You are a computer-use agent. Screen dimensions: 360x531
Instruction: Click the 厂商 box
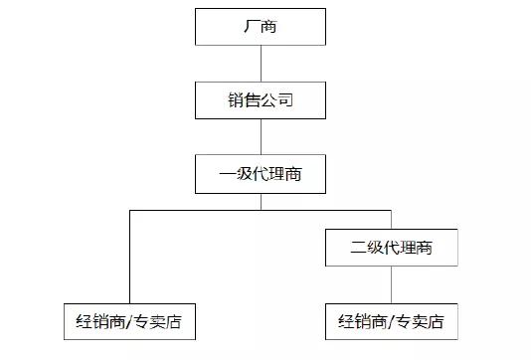[261, 26]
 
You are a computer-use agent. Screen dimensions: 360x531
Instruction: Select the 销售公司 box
[261, 99]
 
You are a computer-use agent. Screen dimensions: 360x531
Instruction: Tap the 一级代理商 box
[261, 175]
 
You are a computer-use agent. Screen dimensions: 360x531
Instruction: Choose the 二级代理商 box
[391, 248]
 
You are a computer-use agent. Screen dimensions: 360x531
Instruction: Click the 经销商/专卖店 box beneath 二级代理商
[391, 322]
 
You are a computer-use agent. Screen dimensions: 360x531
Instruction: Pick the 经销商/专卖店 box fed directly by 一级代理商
[129, 322]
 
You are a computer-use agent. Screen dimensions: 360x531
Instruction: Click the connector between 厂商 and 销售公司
[261, 63]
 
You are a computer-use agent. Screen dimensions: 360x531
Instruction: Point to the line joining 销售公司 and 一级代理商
[261, 137]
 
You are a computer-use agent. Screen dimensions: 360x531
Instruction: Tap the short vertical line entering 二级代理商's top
[391, 220]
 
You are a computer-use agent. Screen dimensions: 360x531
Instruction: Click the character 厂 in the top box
[250, 26]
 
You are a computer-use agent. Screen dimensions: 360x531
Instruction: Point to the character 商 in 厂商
[270, 26]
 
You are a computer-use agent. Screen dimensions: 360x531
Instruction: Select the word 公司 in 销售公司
[277, 99]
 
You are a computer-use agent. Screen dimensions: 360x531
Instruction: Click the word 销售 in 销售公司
[242, 99]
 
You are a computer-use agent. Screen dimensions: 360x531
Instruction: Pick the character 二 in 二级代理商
[359, 248]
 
